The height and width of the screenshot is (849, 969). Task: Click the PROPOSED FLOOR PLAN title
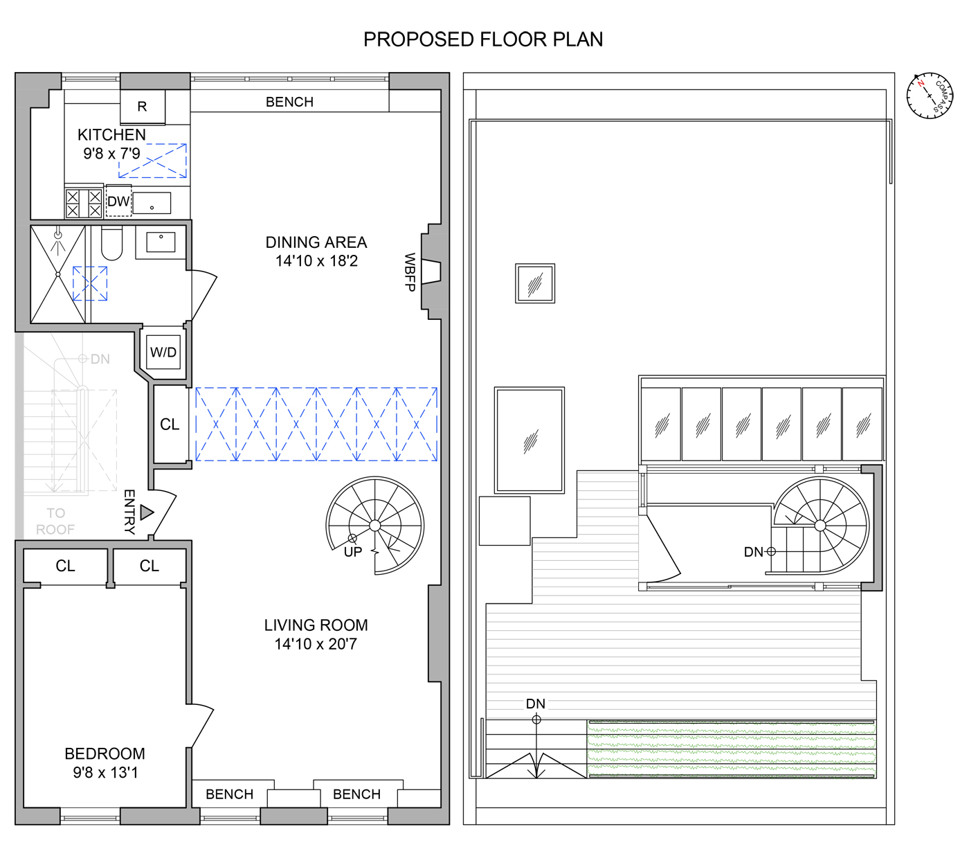coord(482,39)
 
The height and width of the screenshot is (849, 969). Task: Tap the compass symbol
coord(930,96)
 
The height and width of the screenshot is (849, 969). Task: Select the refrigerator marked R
coord(142,107)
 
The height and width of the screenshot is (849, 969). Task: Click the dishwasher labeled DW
coord(118,202)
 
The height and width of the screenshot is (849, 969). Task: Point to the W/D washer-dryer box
coord(163,352)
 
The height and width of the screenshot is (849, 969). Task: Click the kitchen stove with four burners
coord(84,204)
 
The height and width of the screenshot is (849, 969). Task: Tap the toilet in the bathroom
coord(111,243)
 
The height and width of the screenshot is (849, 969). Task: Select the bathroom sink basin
coord(161,242)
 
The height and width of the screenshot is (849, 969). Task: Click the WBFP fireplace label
coord(410,272)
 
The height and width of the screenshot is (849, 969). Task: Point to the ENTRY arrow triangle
coord(146,512)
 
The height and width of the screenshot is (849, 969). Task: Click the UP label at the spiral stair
coord(353,552)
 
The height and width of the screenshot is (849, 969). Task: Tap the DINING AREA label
coord(316,242)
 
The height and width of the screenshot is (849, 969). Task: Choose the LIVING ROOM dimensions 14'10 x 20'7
coord(316,644)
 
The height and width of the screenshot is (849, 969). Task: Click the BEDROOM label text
coord(105,753)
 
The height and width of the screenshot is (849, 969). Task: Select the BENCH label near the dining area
coord(289,102)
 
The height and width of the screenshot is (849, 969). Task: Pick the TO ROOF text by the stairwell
coord(55,521)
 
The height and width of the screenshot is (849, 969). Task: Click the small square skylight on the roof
coord(535,283)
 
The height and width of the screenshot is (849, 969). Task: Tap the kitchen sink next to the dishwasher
coord(152,204)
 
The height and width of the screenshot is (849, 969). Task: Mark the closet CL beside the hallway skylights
coord(170,424)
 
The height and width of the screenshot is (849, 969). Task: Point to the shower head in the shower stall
coord(58,235)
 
